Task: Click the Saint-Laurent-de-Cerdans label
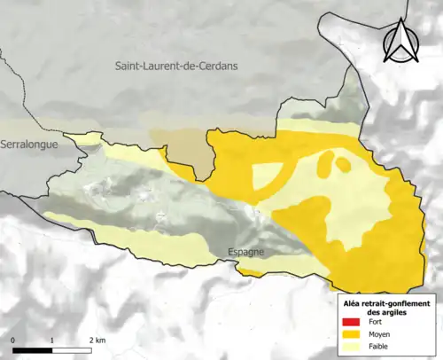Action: point(180,67)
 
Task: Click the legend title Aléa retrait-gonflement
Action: point(386,301)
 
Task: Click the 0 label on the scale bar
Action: point(14,340)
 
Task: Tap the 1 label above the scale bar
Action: point(52,340)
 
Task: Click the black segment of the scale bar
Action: point(33,350)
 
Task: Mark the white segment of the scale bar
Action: point(72,350)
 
